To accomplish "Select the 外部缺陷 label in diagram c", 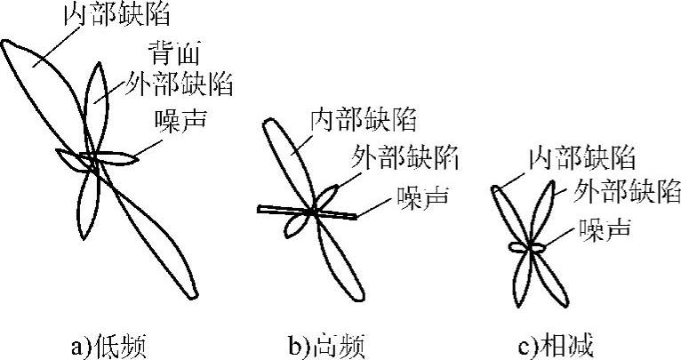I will pyautogui.click(x=627, y=190).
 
